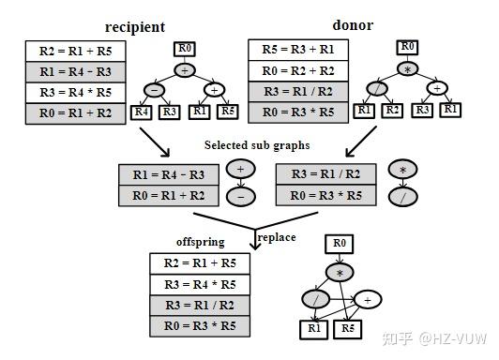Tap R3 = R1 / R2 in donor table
(x=297, y=93)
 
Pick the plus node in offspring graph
(x=368, y=300)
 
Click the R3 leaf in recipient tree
(x=169, y=112)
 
